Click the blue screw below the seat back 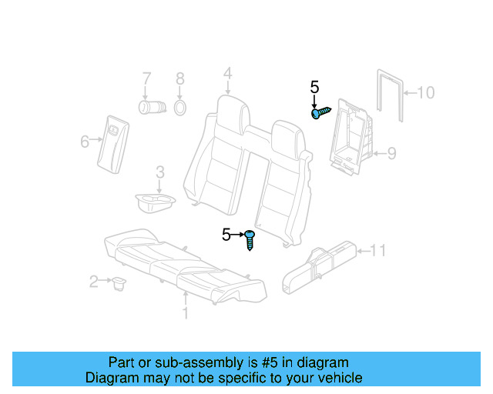(250, 239)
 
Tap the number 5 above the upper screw (314, 88)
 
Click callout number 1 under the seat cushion (184, 313)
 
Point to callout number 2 (94, 282)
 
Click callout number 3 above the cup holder (159, 172)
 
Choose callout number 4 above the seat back (227, 74)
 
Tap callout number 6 (85, 140)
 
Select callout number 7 (146, 78)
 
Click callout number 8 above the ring (179, 78)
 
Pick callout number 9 (391, 154)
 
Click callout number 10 (425, 93)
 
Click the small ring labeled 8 (179, 106)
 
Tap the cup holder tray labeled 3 (153, 202)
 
